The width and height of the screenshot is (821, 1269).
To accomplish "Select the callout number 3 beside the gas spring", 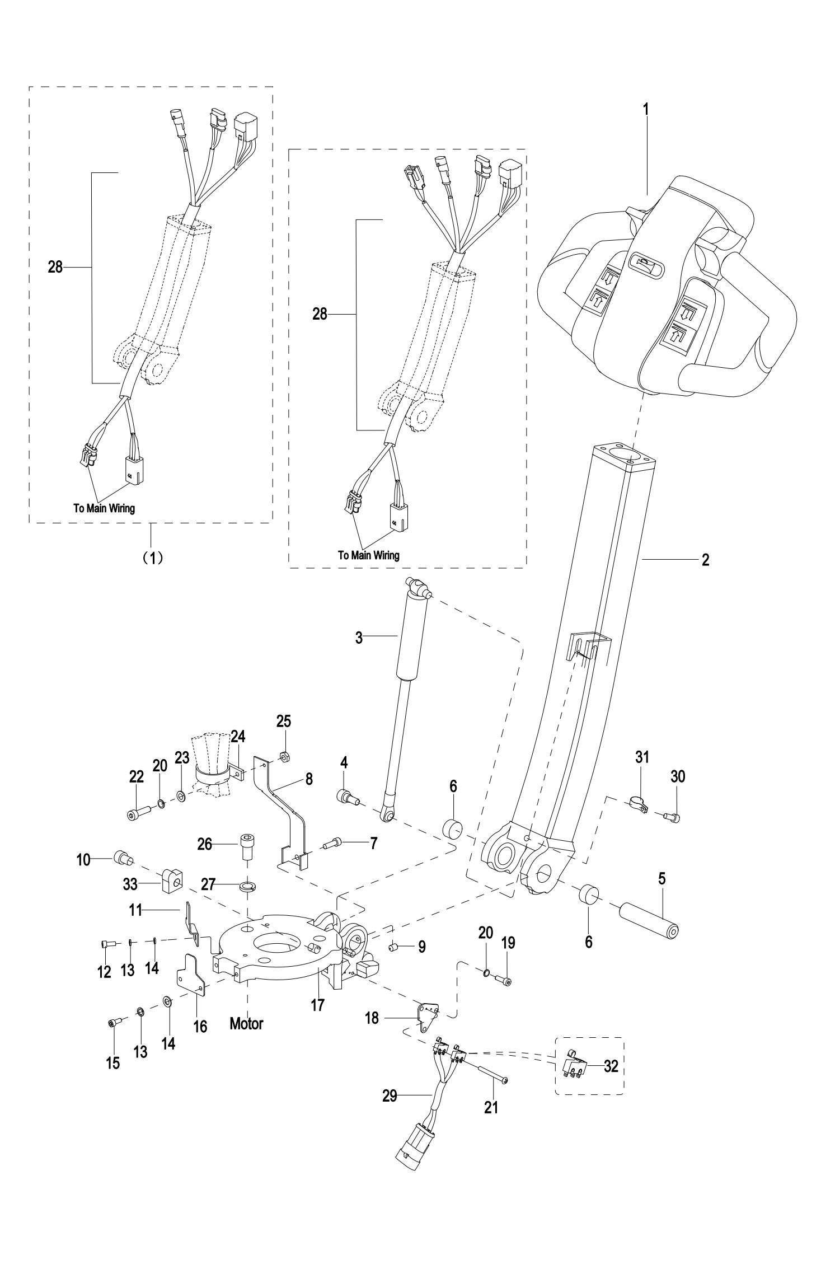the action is [359, 638].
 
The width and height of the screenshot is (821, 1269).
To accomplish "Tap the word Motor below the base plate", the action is [246, 1024].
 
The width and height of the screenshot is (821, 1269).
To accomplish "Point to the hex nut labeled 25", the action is [283, 756].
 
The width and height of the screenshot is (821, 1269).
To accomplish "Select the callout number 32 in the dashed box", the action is [611, 1066].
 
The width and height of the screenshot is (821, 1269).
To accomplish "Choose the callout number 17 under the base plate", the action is [317, 1005].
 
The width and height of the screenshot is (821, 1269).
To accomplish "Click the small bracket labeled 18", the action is [428, 1012].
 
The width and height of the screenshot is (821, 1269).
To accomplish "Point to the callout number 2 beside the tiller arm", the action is [705, 559].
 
